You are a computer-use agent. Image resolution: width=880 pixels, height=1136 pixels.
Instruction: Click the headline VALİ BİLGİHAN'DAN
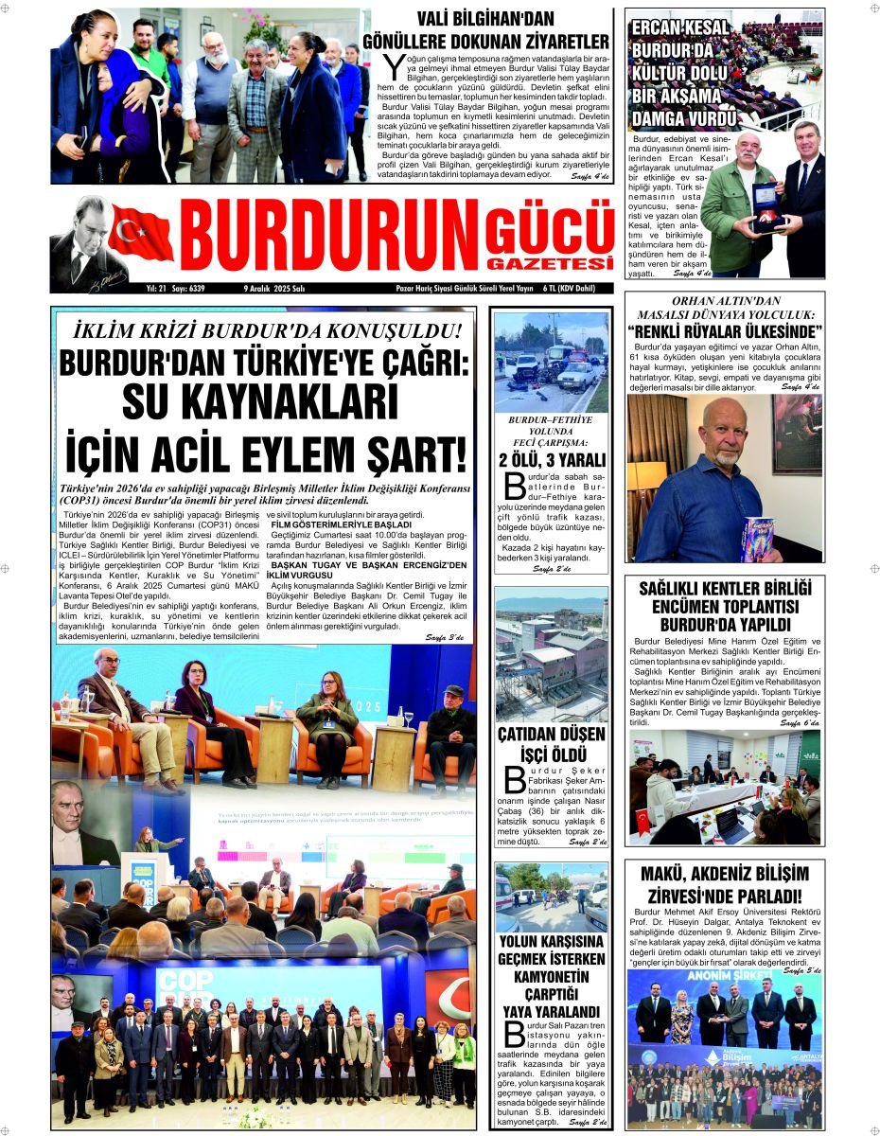coord(485,19)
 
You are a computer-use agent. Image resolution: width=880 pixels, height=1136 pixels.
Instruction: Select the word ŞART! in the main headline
coord(414,453)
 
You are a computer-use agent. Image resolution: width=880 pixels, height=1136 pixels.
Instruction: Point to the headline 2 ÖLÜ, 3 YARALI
coord(552,460)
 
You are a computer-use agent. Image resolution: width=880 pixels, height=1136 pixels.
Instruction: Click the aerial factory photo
coord(552,655)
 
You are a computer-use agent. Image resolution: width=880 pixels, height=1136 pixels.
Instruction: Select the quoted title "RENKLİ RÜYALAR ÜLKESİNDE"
coord(725,330)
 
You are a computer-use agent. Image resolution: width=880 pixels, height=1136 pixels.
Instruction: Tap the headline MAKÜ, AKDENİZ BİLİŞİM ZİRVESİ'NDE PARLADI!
coord(725,883)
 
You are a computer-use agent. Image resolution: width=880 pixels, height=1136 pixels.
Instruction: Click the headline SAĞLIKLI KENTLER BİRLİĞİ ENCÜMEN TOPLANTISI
coord(725,606)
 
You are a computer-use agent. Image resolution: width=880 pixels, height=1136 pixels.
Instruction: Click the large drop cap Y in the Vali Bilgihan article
coord(394,66)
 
